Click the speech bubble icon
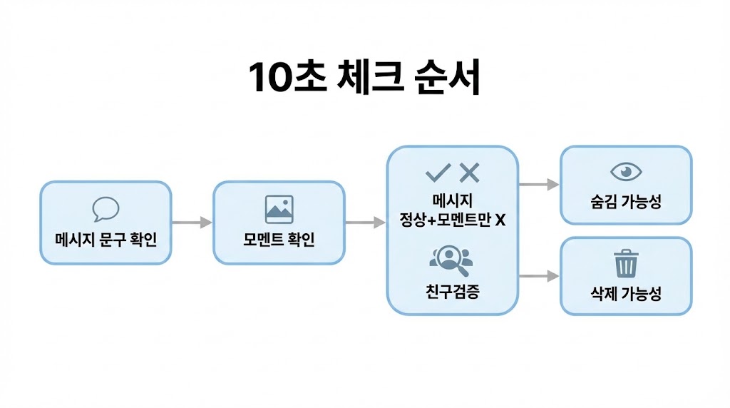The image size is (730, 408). point(106,209)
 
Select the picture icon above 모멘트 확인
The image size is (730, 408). point(279,209)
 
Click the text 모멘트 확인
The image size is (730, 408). point(279,239)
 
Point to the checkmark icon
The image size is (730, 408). point(437,172)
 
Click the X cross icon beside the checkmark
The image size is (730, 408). point(469,172)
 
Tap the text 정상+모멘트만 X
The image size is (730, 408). point(452,220)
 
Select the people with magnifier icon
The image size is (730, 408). point(451,260)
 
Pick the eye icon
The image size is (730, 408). point(626,172)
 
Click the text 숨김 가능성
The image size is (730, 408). point(626,201)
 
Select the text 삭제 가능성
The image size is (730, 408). point(626,293)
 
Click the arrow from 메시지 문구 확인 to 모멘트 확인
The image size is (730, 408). point(192,223)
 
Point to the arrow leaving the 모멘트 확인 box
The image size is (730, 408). point(365,223)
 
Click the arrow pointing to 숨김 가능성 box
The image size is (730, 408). point(538,185)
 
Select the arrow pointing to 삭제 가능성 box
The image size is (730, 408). point(538,276)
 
